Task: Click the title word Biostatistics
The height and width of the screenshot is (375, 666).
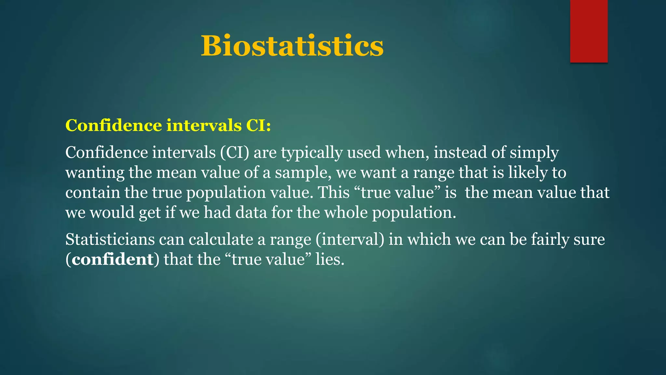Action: pos(292,46)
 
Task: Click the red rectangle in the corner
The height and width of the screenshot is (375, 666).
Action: pos(589,31)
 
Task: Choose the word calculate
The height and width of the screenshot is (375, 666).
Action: pos(221,240)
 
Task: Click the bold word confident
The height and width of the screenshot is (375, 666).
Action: pos(113,259)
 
